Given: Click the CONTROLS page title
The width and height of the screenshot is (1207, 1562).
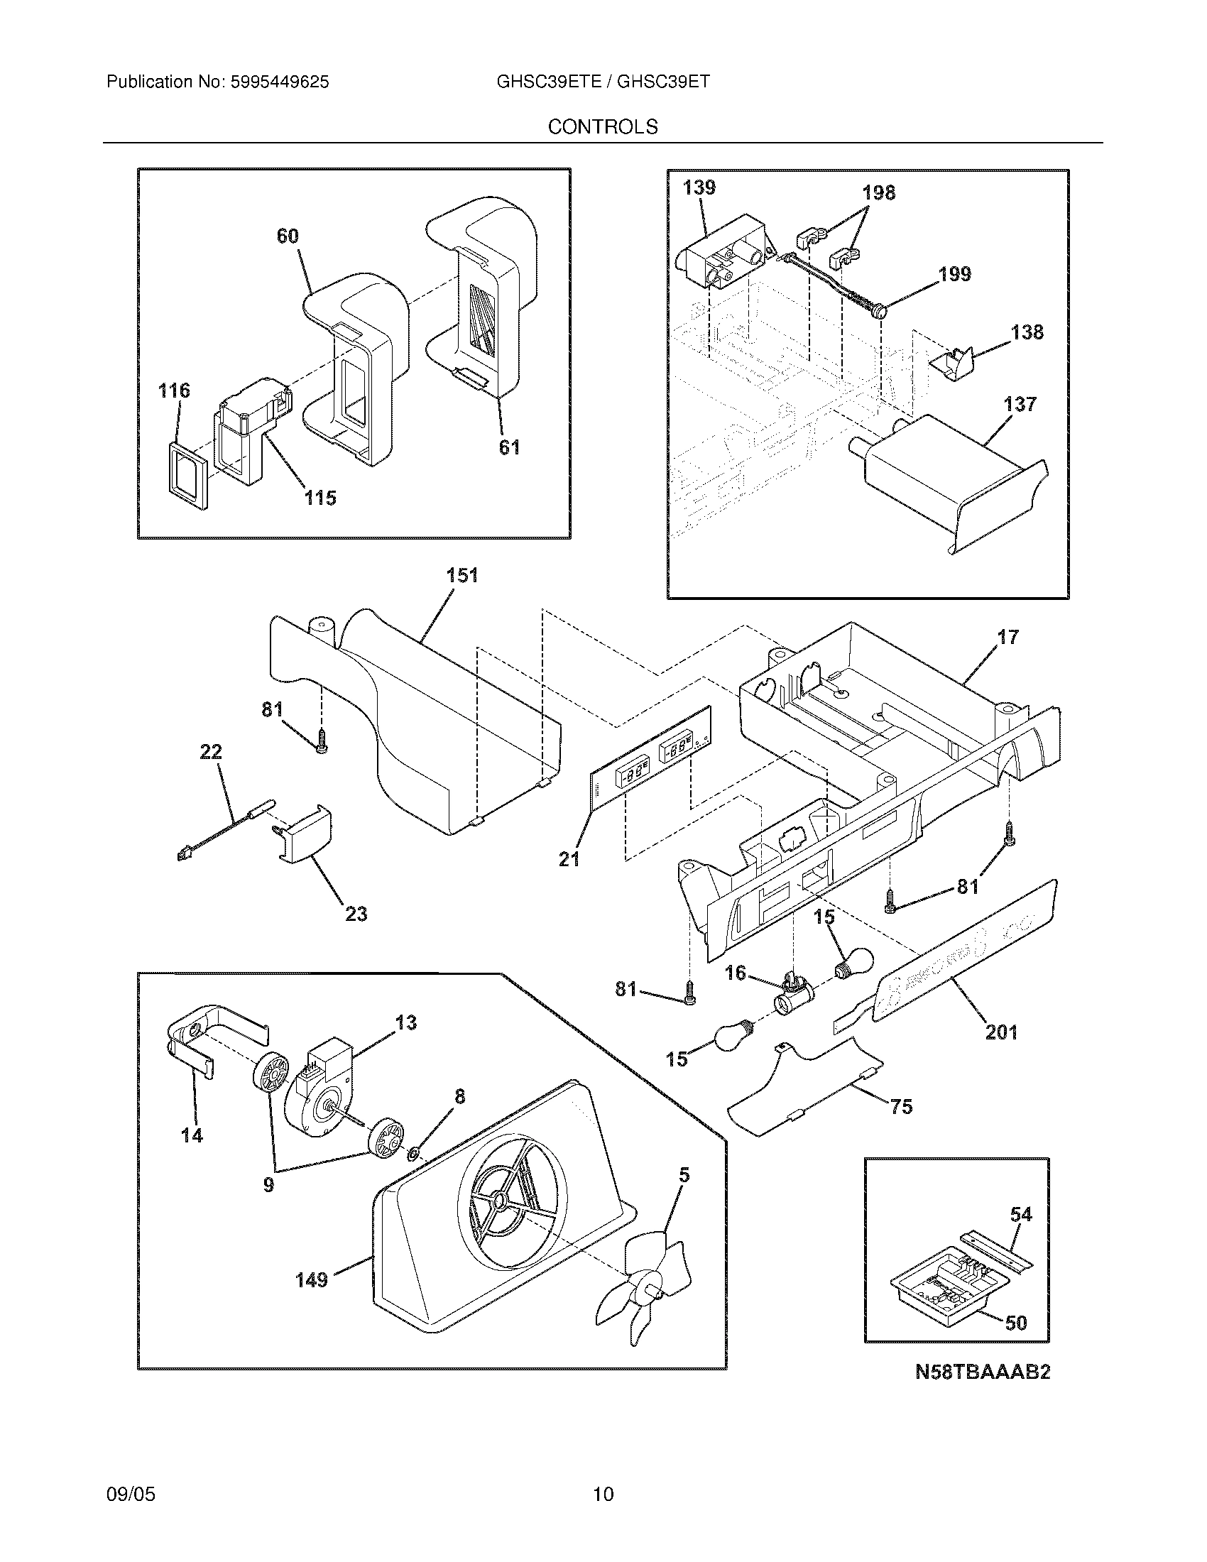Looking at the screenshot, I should (602, 127).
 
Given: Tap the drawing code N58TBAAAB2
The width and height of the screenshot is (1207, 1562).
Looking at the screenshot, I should (983, 1372).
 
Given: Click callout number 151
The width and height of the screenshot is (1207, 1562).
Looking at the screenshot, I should (462, 575).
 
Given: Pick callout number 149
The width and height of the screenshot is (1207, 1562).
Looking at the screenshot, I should (312, 1279).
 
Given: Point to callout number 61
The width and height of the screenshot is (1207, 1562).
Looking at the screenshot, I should (508, 448).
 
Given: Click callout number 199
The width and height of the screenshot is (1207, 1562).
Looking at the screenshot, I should (954, 275).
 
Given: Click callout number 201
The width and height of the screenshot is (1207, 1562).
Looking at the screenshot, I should (1001, 1032).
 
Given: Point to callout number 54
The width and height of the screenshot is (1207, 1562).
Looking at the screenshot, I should (1021, 1214).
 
